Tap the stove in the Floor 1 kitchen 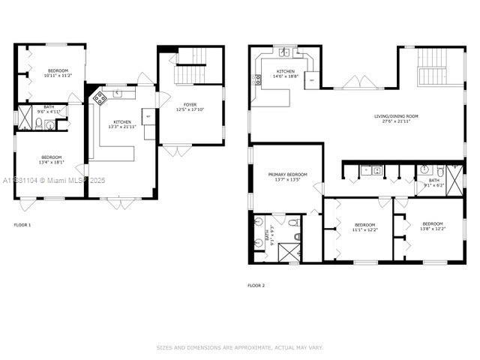(x=99, y=98)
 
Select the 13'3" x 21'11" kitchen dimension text (x=122, y=127)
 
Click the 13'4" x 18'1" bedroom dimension (x=52, y=161)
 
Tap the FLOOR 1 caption (x=22, y=225)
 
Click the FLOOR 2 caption (x=256, y=285)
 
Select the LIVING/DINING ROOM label (x=397, y=116)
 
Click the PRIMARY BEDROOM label (x=288, y=174)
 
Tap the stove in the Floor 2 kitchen (x=258, y=77)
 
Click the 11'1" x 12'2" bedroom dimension (x=364, y=230)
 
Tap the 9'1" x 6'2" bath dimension (x=434, y=185)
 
